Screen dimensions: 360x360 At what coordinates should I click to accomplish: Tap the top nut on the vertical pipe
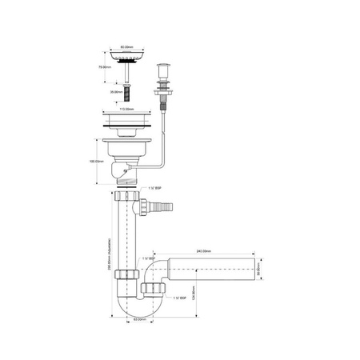128,197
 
